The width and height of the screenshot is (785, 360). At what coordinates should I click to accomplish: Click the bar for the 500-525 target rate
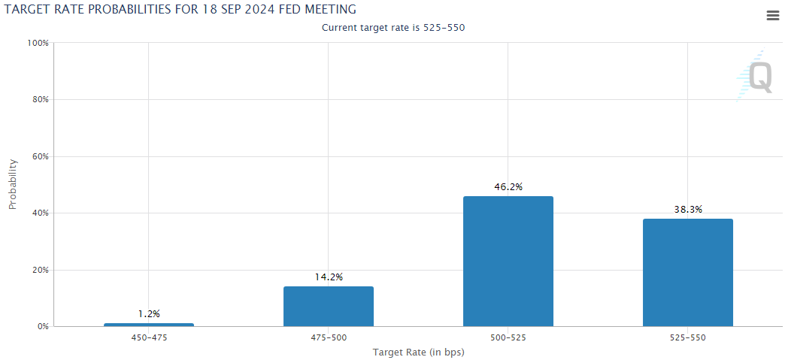tap(508, 262)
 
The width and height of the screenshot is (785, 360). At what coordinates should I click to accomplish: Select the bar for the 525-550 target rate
tap(687, 272)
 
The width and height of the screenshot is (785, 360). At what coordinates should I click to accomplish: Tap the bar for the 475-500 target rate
tap(328, 307)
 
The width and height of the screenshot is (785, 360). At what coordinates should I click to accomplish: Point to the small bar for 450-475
tap(149, 325)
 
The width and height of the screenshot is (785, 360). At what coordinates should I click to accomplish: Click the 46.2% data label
tap(508, 186)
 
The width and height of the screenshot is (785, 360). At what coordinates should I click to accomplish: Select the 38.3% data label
tap(687, 210)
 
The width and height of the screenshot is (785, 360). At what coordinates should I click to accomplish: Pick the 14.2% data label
tap(328, 277)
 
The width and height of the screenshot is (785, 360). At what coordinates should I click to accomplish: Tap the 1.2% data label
tap(149, 313)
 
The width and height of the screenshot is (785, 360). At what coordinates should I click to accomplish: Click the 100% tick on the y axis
tap(38, 43)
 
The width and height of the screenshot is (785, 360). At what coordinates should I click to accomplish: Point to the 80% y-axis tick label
tap(40, 100)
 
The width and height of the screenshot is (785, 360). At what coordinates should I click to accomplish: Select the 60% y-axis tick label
tap(40, 156)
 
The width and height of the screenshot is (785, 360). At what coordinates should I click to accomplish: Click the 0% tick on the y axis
tap(42, 327)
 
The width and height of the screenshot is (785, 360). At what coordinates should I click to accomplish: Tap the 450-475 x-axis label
tap(149, 338)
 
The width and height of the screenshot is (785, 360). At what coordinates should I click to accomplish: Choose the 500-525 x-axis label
tap(508, 338)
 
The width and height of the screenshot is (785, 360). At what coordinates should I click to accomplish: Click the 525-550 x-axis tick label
tap(687, 338)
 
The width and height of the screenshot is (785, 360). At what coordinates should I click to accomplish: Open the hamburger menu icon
tap(772, 16)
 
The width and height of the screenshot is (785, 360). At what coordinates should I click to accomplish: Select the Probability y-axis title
tap(13, 184)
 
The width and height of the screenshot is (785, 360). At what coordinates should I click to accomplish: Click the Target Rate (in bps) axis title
tap(418, 352)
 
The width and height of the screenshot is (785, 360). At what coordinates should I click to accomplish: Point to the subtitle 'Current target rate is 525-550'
tap(398, 28)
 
